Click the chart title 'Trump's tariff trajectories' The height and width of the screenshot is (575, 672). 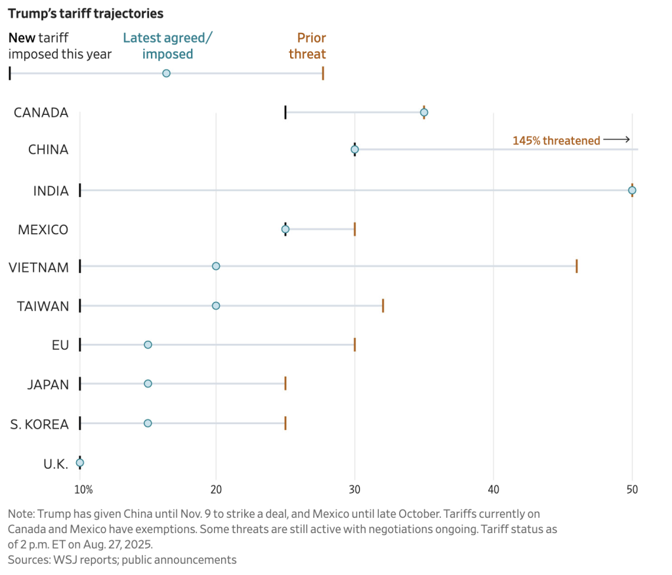click(x=85, y=13)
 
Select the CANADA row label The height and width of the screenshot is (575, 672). click(x=41, y=112)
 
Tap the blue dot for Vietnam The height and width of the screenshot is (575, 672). click(x=216, y=266)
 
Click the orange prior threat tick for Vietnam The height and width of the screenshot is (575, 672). click(x=576, y=266)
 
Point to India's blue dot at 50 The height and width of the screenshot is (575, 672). click(x=632, y=190)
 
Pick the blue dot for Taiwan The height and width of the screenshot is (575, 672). click(x=216, y=306)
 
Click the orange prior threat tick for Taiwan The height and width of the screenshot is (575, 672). click(x=383, y=306)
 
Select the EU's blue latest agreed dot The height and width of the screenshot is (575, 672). click(x=148, y=345)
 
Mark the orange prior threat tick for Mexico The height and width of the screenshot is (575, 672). click(x=354, y=229)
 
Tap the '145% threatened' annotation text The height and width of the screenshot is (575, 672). click(x=556, y=140)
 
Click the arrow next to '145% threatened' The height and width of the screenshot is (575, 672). click(x=616, y=140)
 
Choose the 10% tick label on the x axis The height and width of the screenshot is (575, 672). click(x=83, y=489)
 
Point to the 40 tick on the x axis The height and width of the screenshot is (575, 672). click(x=493, y=489)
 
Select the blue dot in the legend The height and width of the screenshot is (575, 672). click(x=166, y=73)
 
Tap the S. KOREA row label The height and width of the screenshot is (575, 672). click(x=39, y=424)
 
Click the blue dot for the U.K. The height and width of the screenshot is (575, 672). click(x=80, y=463)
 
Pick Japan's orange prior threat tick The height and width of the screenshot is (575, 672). click(x=285, y=383)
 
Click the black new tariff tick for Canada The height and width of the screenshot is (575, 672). click(x=285, y=112)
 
